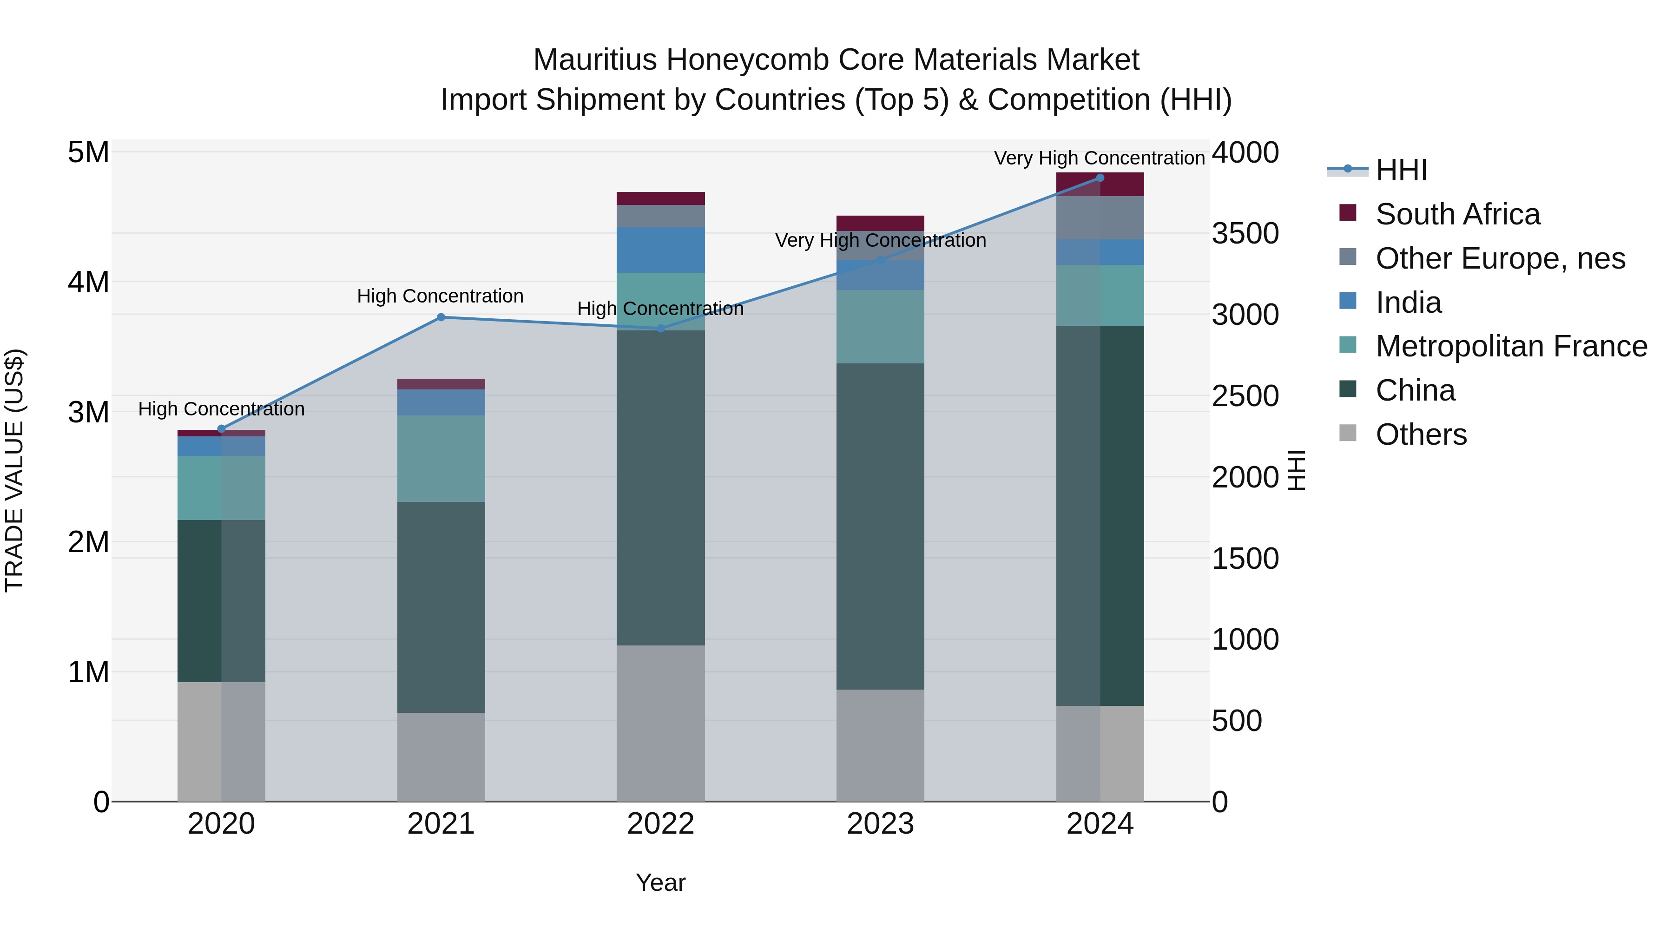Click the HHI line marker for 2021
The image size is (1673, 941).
point(441,317)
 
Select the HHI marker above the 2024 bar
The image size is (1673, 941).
point(1100,178)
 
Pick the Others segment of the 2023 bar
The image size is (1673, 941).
point(880,745)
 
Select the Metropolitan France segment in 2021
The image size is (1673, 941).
point(441,459)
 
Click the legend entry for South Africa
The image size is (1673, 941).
point(1457,214)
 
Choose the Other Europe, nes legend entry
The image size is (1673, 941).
point(1500,258)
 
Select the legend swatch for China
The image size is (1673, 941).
point(1348,390)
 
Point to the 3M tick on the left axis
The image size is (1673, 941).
point(88,412)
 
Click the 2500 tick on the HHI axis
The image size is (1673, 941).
point(1245,396)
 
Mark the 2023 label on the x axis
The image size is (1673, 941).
point(880,824)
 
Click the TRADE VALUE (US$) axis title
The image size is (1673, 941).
point(14,470)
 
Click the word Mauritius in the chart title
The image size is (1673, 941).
point(594,60)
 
